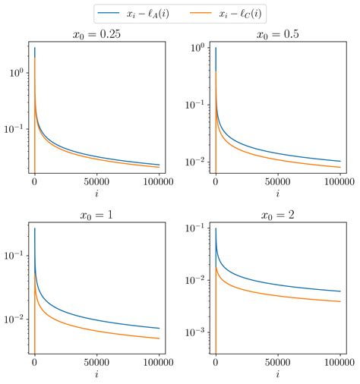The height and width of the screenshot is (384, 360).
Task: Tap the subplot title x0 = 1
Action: click(96, 215)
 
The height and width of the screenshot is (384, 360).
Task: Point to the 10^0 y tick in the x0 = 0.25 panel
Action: click(15, 73)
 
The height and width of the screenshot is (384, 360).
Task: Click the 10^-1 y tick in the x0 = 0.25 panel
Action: click(13, 129)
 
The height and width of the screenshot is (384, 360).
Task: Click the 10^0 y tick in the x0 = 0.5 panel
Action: click(196, 48)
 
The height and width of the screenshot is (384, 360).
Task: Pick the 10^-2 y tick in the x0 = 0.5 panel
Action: click(194, 162)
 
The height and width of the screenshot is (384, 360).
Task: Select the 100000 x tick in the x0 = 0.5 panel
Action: click(336, 184)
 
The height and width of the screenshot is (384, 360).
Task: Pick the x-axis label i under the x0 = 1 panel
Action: click(96, 374)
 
